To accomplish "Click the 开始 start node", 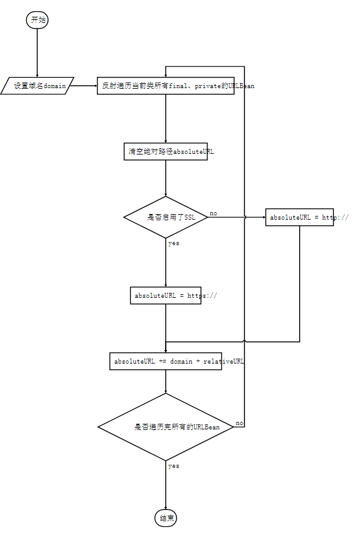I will click(37, 20).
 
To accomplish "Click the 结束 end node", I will click(166, 518).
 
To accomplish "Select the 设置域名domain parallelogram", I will click(37, 86).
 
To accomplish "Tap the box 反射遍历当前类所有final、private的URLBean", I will click(166, 86).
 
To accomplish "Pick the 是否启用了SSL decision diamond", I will click(166, 217).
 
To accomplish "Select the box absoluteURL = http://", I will click(300, 217).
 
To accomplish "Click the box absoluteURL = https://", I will click(166, 295).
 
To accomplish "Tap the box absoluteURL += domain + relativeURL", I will click(166, 361).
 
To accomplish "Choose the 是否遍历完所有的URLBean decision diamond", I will click(166, 427).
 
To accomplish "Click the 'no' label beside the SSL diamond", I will click(214, 213).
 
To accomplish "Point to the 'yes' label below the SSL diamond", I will click(174, 243).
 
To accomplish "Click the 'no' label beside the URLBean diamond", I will click(240, 423).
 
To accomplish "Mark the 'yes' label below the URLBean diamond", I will click(174, 466).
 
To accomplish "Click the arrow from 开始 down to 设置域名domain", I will click(37, 53).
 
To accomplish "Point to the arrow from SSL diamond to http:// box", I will click(236, 217).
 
